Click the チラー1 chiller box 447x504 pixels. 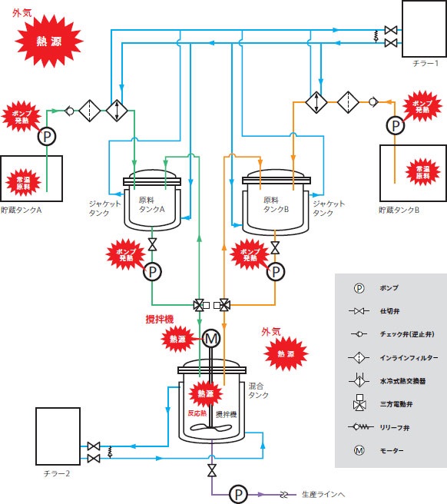(424, 29)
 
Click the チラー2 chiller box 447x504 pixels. (58, 436)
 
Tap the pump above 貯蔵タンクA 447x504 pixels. (47, 137)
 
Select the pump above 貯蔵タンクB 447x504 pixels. (396, 125)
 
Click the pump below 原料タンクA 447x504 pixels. (152, 272)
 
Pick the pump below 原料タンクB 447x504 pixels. (276, 272)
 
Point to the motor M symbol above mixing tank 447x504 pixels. (211, 339)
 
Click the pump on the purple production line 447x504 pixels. (238, 494)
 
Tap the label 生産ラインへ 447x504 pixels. (323, 494)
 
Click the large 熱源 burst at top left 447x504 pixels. (49, 41)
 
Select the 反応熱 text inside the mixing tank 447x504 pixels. (197, 413)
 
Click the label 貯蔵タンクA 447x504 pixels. (22, 210)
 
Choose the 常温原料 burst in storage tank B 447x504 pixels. (422, 172)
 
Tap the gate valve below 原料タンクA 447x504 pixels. (152, 244)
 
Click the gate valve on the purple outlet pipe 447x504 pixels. (211, 470)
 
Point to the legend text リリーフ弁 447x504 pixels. (395, 427)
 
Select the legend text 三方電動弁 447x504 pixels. (396, 404)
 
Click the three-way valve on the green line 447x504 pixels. (199, 305)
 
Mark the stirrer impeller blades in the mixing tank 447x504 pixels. (210, 427)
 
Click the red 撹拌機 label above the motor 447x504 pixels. (160, 319)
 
